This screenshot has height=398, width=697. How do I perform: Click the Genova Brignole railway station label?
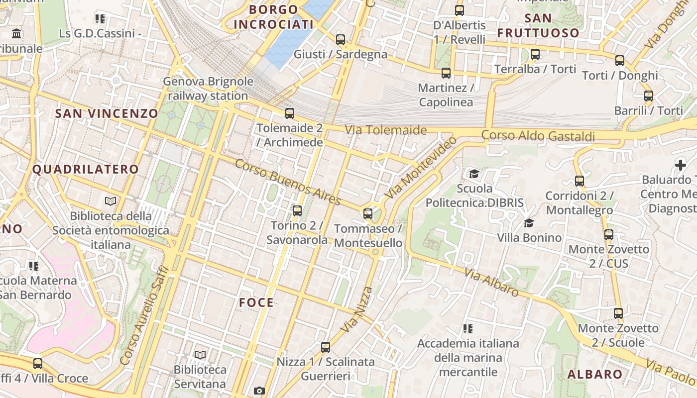(x=208, y=89)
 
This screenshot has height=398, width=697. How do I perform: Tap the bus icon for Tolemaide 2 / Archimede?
(x=290, y=113)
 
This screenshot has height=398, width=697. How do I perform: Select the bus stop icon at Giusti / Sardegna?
(x=341, y=40)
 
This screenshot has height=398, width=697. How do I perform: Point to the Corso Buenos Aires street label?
(x=288, y=182)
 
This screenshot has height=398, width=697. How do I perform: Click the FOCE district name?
(x=256, y=302)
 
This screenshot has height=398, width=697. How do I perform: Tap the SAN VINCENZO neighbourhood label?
(x=107, y=113)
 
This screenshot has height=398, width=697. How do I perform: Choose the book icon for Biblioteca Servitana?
(x=200, y=355)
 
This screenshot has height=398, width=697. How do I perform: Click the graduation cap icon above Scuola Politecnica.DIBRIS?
(x=474, y=174)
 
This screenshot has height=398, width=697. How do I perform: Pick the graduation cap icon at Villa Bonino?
(x=529, y=223)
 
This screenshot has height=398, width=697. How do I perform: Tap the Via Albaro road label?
(x=491, y=282)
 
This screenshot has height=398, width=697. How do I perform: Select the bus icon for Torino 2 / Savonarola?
(x=297, y=211)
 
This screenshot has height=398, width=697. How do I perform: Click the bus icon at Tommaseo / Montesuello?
(x=368, y=214)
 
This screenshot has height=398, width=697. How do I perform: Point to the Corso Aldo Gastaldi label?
(x=538, y=136)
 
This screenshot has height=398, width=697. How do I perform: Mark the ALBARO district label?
(x=595, y=375)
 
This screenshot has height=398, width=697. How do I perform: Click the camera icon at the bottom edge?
(x=259, y=391)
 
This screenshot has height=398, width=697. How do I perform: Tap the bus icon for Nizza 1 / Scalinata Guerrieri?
(x=326, y=347)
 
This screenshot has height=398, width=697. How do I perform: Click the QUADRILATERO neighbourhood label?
(x=86, y=169)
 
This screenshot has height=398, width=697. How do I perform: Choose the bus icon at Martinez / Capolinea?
(x=446, y=73)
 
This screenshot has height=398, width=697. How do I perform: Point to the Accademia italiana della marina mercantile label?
(x=468, y=358)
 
